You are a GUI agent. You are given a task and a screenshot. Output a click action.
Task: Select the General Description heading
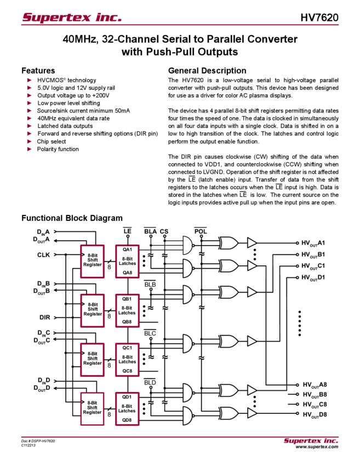(x=207, y=71)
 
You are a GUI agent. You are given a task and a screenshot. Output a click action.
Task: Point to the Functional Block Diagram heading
(x=74, y=218)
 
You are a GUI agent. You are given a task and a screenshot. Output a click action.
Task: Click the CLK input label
(x=43, y=255)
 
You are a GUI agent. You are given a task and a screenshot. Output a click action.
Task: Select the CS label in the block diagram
(x=164, y=231)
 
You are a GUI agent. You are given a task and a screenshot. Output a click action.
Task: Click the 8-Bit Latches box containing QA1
(x=127, y=261)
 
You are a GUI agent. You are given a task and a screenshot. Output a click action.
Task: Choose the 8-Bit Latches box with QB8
(x=127, y=310)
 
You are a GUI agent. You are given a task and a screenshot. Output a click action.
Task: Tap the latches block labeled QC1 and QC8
(x=127, y=359)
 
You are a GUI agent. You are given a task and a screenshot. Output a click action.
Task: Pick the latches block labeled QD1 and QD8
(x=127, y=408)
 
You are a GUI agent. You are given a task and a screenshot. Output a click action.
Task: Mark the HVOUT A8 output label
(x=315, y=384)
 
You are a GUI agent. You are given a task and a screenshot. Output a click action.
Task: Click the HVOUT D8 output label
(x=315, y=414)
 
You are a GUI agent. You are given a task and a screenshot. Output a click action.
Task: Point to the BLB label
(x=150, y=283)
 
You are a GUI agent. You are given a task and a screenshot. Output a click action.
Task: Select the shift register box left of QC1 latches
(x=92, y=359)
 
